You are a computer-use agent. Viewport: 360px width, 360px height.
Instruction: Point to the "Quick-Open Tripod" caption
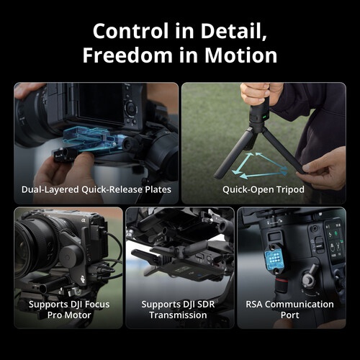(x=263, y=190)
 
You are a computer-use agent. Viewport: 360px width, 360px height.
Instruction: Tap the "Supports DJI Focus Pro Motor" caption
(x=68, y=310)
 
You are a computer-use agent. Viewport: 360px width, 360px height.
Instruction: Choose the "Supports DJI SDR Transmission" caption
(x=180, y=310)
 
